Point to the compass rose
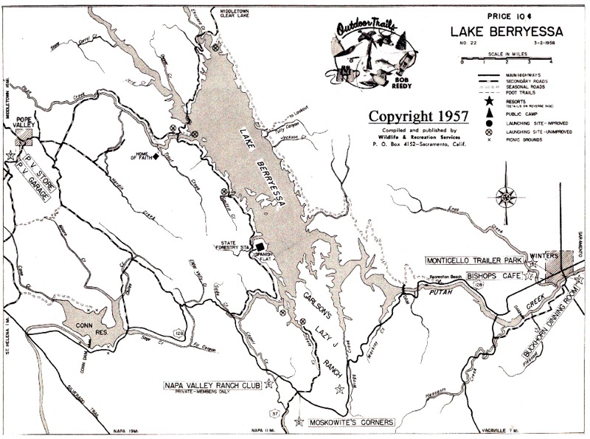pos(506,196)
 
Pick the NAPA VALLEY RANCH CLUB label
pos(213,384)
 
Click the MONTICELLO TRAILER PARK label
pos(472,260)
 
